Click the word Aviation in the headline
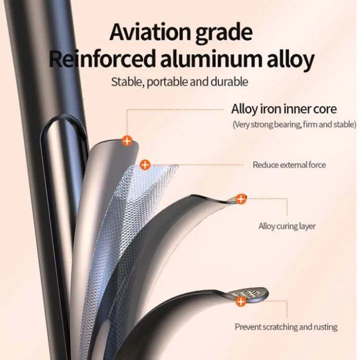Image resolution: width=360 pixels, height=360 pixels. coord(150,32)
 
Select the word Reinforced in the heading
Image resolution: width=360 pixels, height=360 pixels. coord(102,58)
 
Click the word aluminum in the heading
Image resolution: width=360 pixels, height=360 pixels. coord(211,58)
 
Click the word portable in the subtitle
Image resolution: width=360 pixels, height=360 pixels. coord(167,82)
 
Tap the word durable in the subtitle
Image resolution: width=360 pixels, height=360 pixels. coord(229,81)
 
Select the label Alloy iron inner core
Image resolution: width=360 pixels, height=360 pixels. coord(284,109)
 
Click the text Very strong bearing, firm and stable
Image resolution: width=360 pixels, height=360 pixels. coord(294,124)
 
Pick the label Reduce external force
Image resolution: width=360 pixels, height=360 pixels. coord(289,165)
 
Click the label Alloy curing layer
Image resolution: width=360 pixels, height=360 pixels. coord(287,226)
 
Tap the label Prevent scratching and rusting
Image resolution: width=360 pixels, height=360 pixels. coord(286,327)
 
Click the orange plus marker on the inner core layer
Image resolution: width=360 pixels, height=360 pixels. coord(127,140)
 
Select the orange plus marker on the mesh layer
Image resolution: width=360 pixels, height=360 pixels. coord(145,165)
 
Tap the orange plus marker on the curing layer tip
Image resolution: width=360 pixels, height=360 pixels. coord(241,199)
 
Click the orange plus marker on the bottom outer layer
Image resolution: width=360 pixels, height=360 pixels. coord(241,301)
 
